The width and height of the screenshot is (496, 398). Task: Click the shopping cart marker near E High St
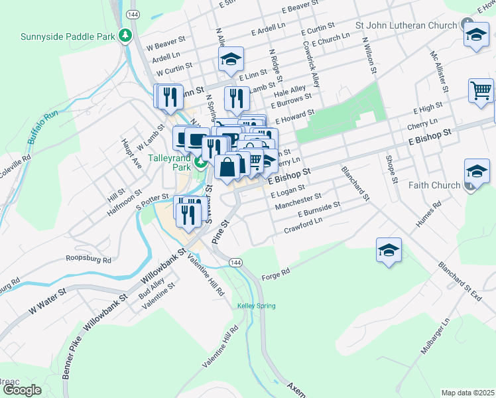(481, 90)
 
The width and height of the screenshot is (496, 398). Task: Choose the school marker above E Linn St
(230, 60)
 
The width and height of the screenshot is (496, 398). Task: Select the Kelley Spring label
(256, 306)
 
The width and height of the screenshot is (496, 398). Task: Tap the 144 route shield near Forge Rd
(235, 263)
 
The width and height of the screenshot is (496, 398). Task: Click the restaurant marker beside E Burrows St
(236, 99)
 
